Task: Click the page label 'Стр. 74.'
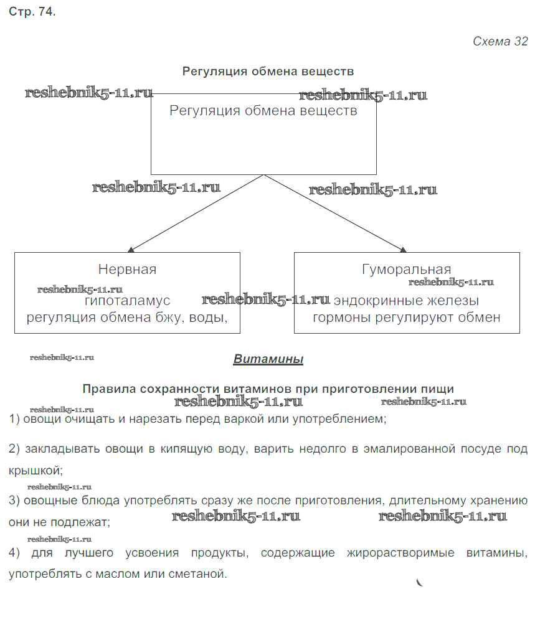point(32,12)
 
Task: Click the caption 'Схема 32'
point(500,42)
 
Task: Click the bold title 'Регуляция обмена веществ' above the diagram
point(268,72)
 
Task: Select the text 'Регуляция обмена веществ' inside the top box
point(263,111)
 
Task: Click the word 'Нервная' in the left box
point(127,270)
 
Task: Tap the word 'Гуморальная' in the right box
point(406,270)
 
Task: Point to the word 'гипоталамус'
point(127,301)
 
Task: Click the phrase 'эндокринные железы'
point(406,301)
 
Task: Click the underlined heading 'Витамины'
point(268,359)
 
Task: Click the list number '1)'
point(16,419)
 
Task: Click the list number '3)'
point(16,501)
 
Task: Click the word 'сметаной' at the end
point(201,573)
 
